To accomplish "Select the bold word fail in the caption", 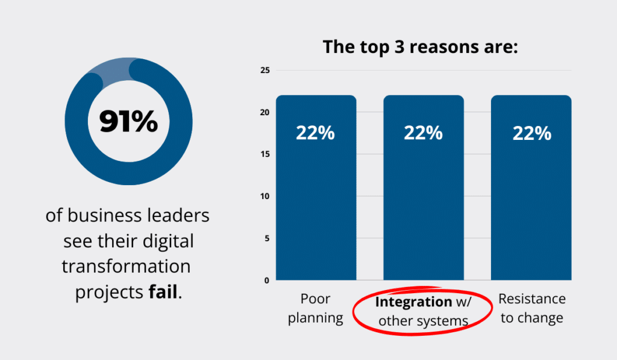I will pyautogui.click(x=163, y=292).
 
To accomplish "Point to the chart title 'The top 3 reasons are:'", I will pyautogui.click(x=421, y=46).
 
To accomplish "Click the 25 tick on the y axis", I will pyautogui.click(x=264, y=71).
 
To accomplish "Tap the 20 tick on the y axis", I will pyautogui.click(x=264, y=113).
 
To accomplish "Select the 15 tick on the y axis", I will pyautogui.click(x=264, y=154).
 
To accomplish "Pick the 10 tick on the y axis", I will pyautogui.click(x=264, y=197).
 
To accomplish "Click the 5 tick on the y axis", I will pyautogui.click(x=266, y=238).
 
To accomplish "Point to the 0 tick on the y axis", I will pyautogui.click(x=266, y=280).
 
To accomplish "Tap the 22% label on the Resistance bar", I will pyautogui.click(x=531, y=133).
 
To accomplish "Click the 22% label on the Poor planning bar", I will pyautogui.click(x=315, y=133).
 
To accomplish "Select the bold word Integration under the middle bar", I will pyautogui.click(x=413, y=302).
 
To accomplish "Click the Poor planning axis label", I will pyautogui.click(x=315, y=309).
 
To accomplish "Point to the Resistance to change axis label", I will pyautogui.click(x=532, y=309).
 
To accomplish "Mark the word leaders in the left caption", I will pyautogui.click(x=178, y=215).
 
